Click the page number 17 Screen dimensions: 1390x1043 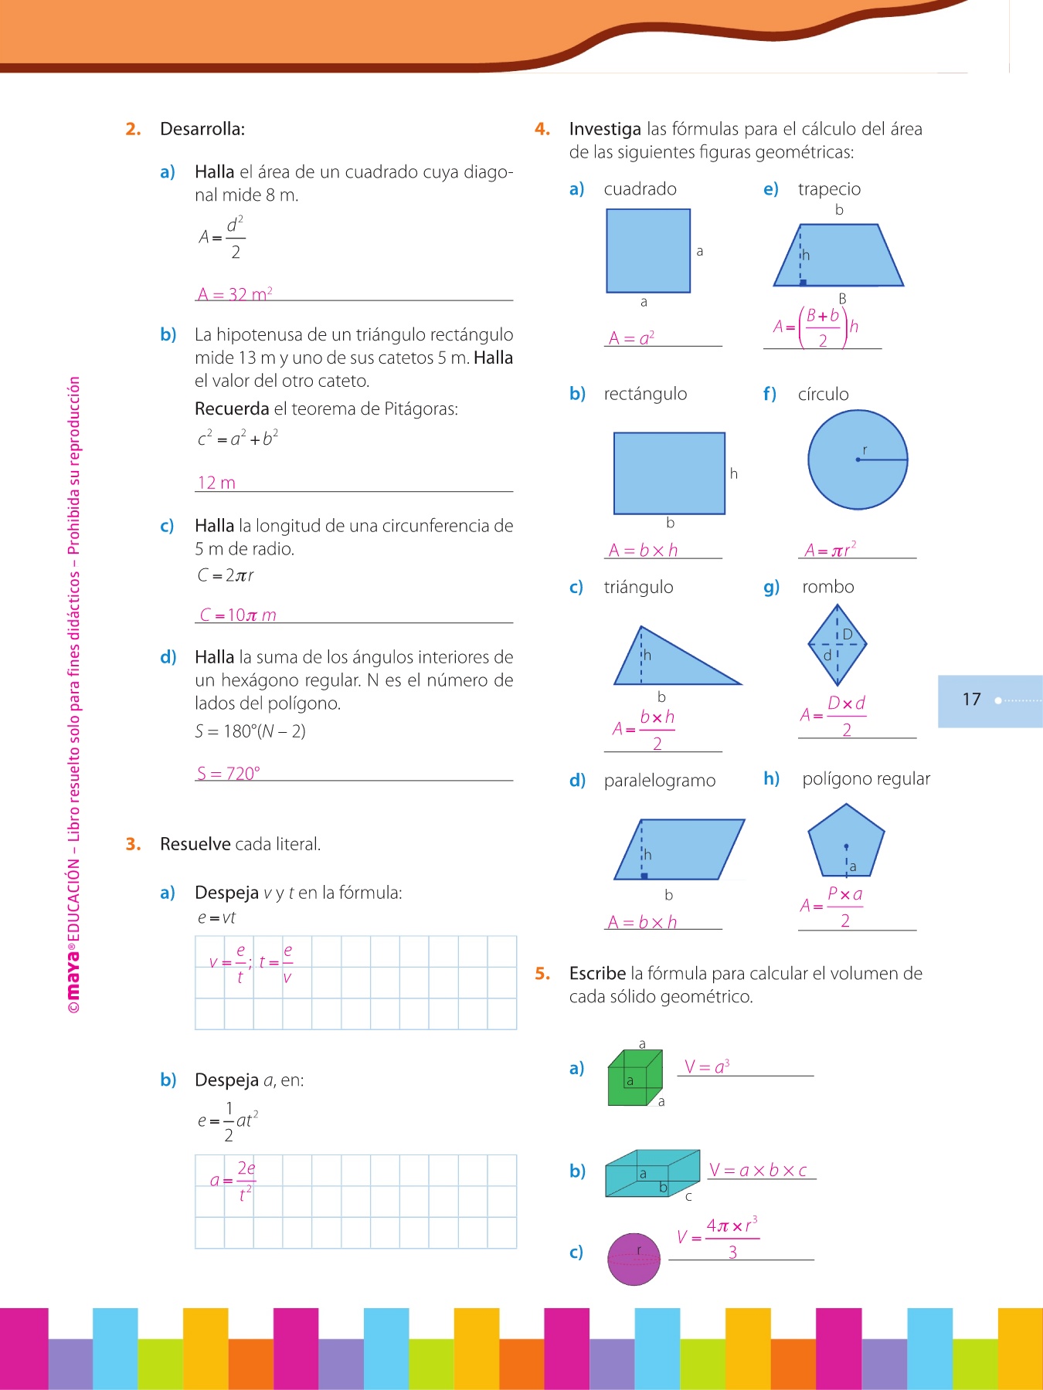[971, 700]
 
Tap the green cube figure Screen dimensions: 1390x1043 [635, 1077]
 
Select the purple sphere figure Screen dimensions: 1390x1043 [634, 1259]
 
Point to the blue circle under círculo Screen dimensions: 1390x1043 [858, 459]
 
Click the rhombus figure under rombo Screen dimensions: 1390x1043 [837, 645]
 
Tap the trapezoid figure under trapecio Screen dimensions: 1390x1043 [838, 256]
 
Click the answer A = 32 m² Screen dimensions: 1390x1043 [235, 294]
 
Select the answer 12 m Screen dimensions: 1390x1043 [216, 483]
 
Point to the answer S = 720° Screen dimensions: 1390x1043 [229, 773]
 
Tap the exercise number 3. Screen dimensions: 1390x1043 [134, 844]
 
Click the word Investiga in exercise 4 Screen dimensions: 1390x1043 [605, 129]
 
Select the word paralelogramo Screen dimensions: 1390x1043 [660, 781]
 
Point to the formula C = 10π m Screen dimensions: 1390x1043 [238, 615]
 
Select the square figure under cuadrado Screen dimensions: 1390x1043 [648, 251]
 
